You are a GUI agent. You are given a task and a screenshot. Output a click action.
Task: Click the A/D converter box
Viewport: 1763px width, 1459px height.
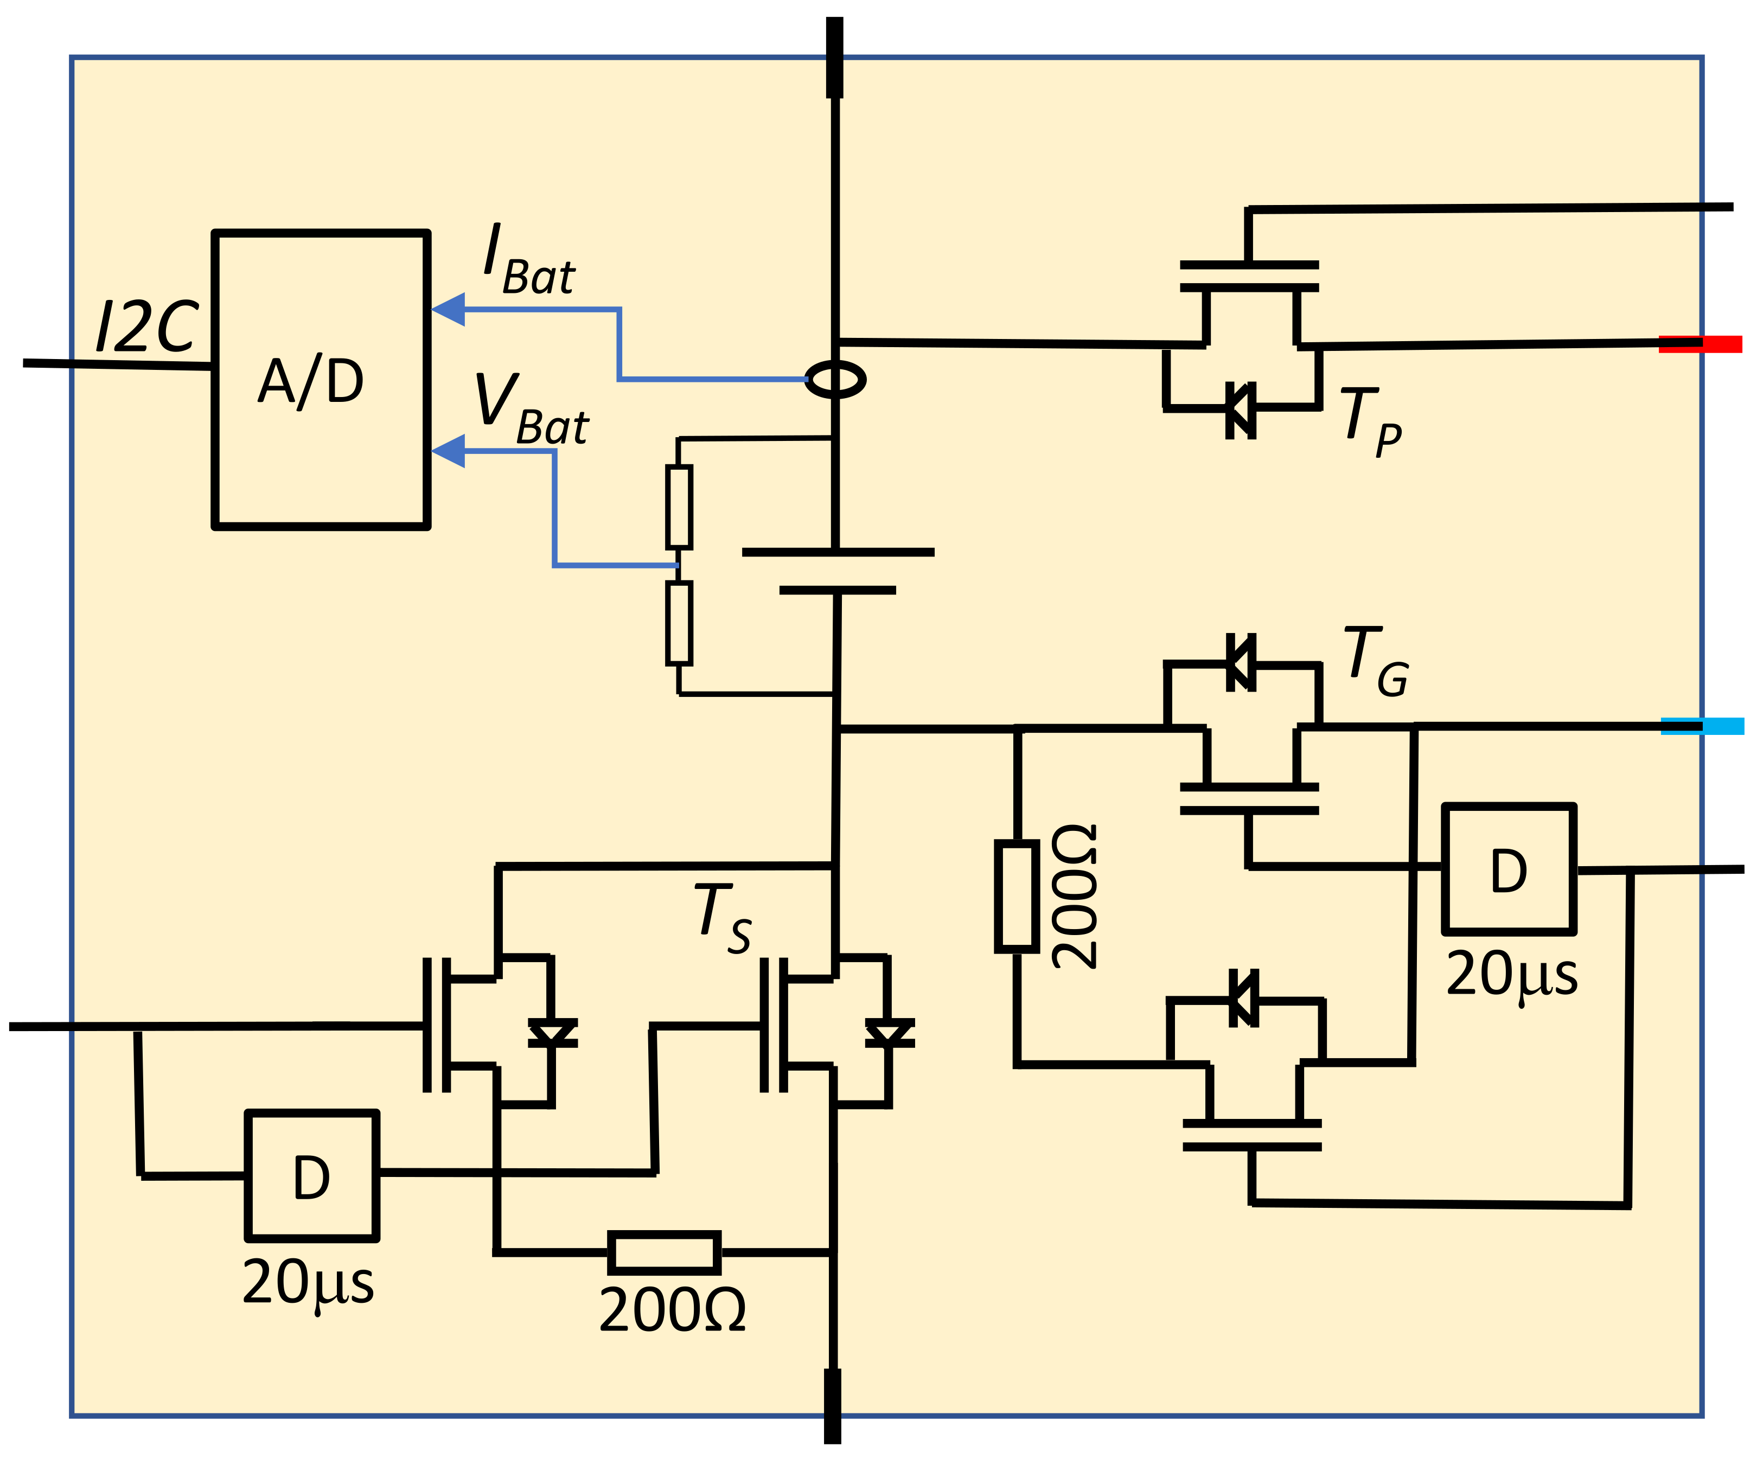[x=321, y=380]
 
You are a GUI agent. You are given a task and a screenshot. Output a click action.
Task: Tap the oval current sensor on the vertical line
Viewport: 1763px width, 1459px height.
[x=835, y=380]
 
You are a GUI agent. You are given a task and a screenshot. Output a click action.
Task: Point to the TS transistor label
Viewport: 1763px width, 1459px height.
[x=722, y=918]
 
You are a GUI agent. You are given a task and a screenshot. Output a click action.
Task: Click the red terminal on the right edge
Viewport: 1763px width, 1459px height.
[x=1700, y=344]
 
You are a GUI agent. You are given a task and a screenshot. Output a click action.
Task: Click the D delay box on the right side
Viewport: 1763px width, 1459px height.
[x=1509, y=869]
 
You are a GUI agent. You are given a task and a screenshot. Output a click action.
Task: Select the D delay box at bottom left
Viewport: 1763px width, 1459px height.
[x=311, y=1176]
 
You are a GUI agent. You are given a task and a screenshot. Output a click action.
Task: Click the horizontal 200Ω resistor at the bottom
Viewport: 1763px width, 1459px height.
[x=664, y=1252]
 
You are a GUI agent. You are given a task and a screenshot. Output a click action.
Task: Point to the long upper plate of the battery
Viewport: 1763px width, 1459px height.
[x=838, y=552]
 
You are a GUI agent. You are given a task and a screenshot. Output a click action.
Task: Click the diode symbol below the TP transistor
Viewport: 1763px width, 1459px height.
[x=1241, y=409]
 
